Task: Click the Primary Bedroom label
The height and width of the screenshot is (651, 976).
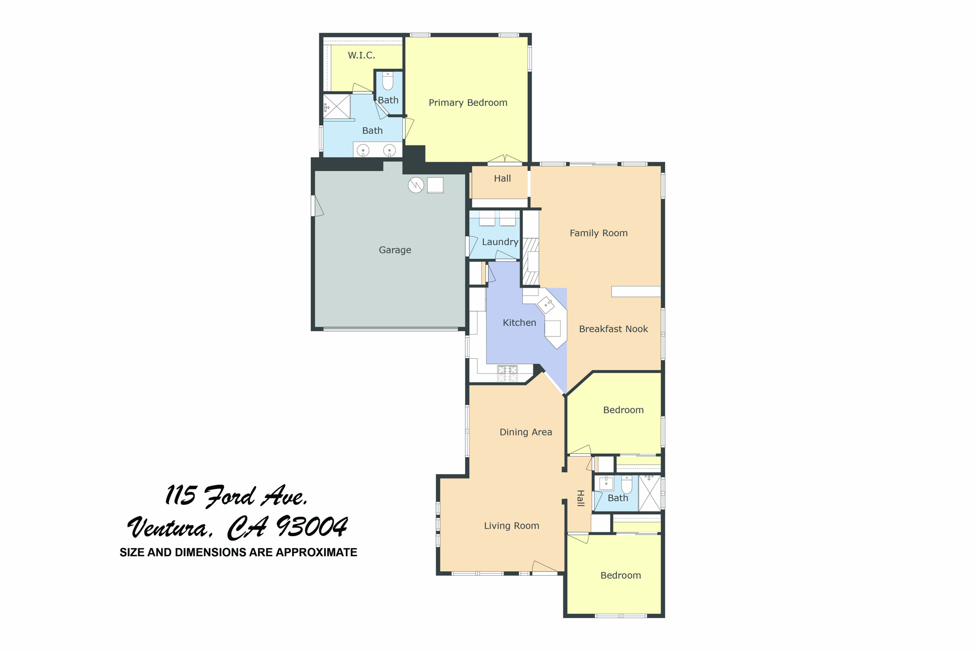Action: [x=468, y=103]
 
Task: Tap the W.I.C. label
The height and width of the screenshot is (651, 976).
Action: [x=361, y=56]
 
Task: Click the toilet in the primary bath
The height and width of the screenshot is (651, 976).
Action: [x=387, y=81]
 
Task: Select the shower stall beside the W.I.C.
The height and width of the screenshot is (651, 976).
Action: [x=336, y=106]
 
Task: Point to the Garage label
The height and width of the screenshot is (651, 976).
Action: [x=395, y=250]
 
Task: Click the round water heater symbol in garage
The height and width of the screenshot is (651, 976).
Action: [x=416, y=185]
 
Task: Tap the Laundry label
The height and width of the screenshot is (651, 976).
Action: [x=499, y=242]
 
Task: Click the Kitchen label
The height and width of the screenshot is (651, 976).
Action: [x=519, y=323]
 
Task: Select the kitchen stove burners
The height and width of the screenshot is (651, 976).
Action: [x=507, y=374]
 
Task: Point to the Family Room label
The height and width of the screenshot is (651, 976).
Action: [x=598, y=234]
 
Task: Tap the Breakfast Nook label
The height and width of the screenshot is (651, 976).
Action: [x=613, y=329]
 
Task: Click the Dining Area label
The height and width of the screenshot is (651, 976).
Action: [x=525, y=432]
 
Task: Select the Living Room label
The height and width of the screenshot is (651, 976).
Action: [x=511, y=526]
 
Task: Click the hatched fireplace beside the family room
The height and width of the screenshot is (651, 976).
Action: [x=530, y=261]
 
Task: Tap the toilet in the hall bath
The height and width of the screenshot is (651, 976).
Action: [x=626, y=485]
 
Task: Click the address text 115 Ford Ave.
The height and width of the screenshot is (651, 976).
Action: [x=236, y=497]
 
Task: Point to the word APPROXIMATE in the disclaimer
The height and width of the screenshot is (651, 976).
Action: [x=316, y=553]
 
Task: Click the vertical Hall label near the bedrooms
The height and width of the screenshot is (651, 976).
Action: [x=580, y=498]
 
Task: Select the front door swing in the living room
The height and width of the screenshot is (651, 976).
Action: [x=544, y=567]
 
